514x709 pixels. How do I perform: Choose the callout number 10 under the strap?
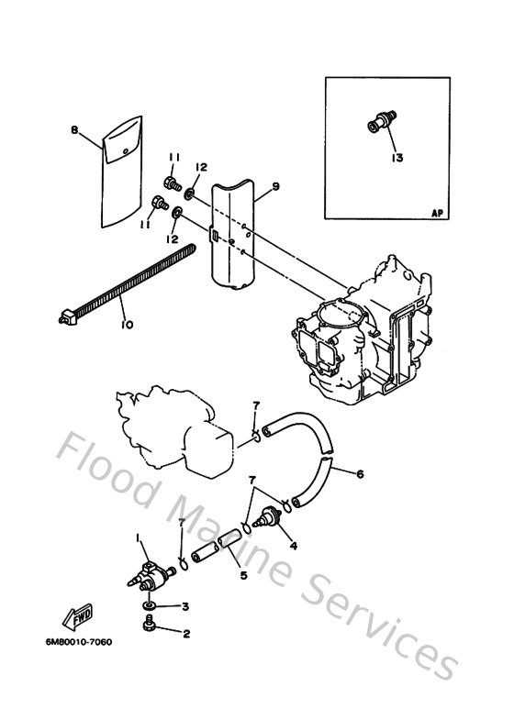[x=125, y=325]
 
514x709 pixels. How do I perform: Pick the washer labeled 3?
[x=150, y=607]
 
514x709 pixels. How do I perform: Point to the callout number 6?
[x=360, y=474]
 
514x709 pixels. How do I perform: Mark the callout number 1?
[x=139, y=537]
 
